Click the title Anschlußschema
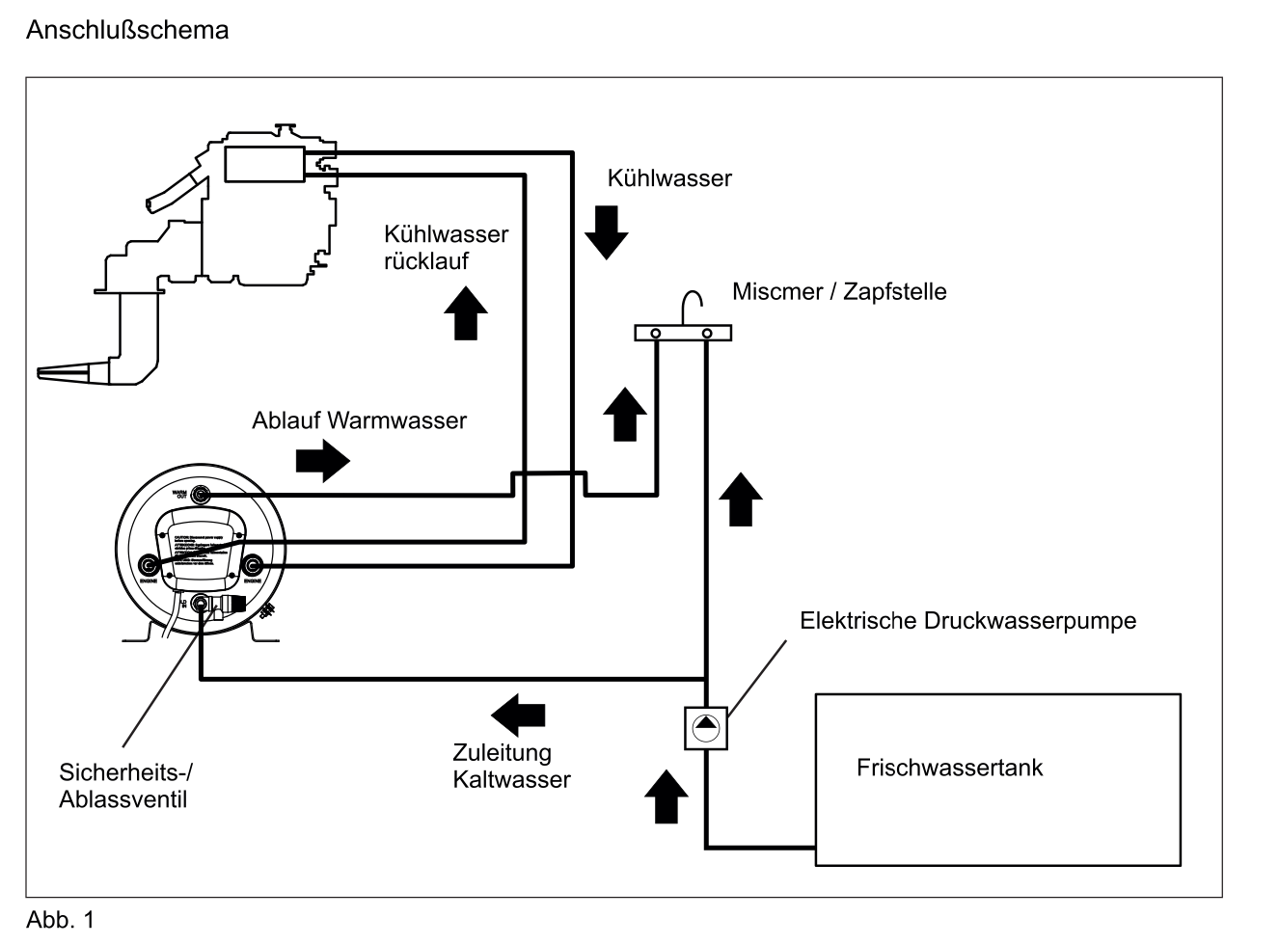127,30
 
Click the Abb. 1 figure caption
60,920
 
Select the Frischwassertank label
949,768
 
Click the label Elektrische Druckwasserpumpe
967,620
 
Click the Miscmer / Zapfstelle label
839,291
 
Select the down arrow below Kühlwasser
607,232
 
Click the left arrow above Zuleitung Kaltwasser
519,715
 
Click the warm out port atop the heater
201,496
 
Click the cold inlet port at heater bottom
201,605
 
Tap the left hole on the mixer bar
656,333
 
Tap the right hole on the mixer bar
707,333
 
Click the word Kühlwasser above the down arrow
669,178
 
